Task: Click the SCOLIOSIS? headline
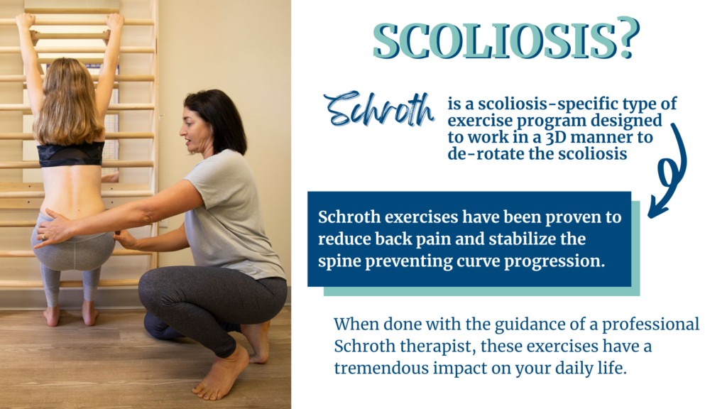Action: pyautogui.click(x=505, y=40)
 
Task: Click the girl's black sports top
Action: pyautogui.click(x=71, y=153)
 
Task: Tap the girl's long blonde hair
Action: pyautogui.click(x=70, y=103)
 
